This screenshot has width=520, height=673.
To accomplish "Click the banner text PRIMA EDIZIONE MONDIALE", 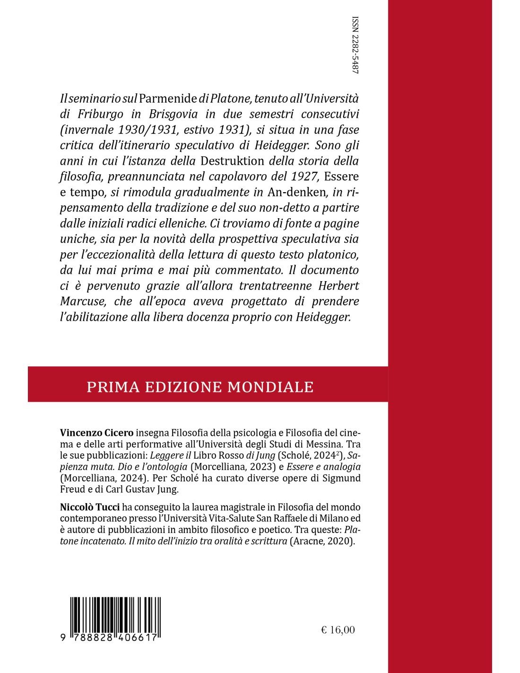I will click(x=200, y=387).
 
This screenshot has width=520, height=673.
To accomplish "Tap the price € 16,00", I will click(x=338, y=629).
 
